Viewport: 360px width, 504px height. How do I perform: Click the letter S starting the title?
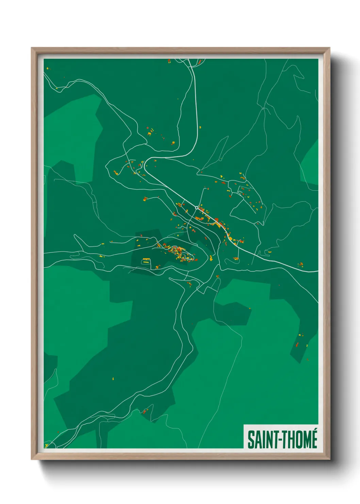pos(250,440)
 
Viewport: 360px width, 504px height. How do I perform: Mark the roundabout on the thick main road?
pos(197,207)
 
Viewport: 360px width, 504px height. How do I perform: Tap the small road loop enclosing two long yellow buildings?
pos(146,261)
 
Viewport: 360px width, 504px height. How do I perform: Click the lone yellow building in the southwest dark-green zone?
pos(113,378)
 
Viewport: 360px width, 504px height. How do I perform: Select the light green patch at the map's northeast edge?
pos(310,163)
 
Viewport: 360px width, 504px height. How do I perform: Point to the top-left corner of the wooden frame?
pos(32,49)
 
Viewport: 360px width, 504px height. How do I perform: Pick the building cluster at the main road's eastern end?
pos(300,264)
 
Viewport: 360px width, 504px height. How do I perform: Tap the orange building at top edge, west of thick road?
pos(169,61)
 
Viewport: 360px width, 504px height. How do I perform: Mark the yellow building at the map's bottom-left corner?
pos(47,445)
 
